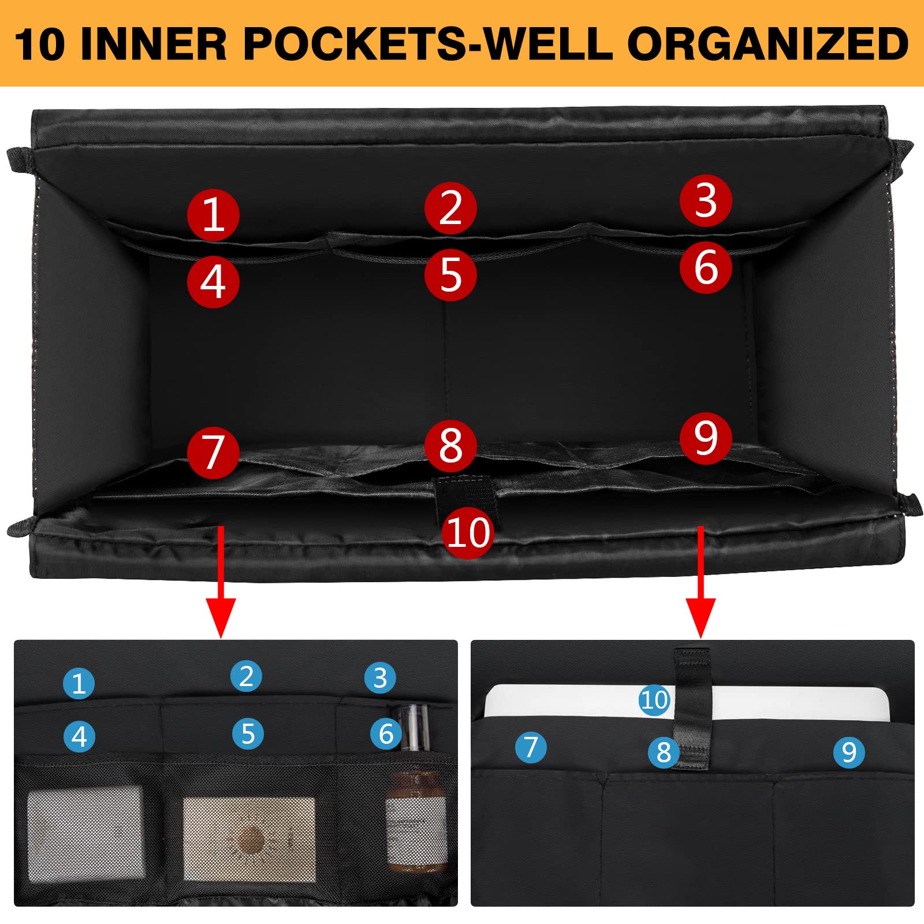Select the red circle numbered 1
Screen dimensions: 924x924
pos(213,215)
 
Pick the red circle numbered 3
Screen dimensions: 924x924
pos(706,201)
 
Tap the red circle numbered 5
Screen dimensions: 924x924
pos(450,275)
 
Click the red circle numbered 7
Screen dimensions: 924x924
pos(213,453)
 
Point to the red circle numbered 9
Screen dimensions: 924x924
pos(706,438)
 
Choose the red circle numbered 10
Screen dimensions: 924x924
pos(468,532)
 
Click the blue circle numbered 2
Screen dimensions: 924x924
pos(246,676)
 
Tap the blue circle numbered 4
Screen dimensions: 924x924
pos(80,736)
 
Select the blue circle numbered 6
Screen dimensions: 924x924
pos(386,734)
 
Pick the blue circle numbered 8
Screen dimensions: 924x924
pos(664,752)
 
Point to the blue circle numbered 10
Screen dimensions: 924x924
pos(654,700)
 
